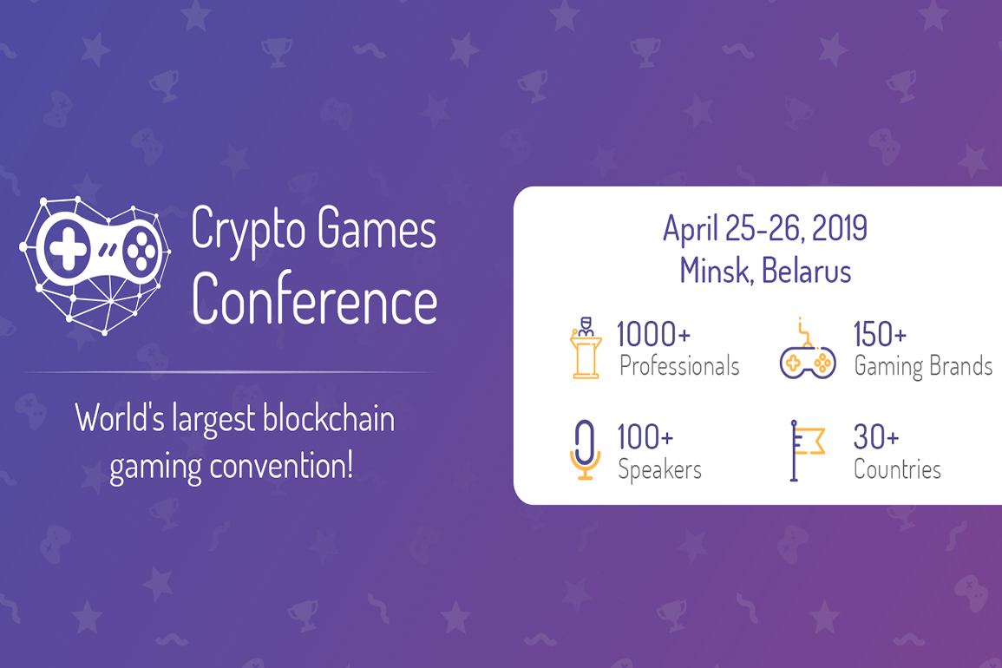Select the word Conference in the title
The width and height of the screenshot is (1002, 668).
point(314,299)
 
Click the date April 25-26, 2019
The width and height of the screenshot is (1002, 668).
point(764,228)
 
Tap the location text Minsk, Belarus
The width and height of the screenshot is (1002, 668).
point(765,271)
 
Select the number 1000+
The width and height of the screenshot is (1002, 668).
point(653,334)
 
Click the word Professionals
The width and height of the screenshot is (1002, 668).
point(679,366)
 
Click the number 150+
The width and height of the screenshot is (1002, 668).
point(880,334)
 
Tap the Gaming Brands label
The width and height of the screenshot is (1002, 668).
point(923,366)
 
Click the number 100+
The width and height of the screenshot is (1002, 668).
point(645,437)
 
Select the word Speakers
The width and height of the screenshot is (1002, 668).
point(659,469)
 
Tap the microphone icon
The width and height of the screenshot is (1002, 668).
point(586,449)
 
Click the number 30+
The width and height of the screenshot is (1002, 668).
point(876,437)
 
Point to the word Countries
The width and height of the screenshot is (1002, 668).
point(897,469)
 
